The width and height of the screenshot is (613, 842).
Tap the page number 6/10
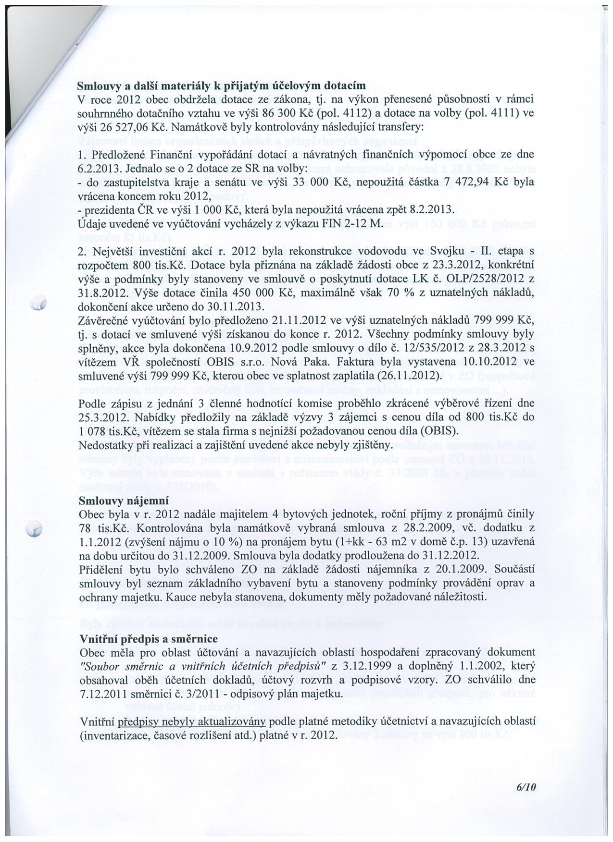[x=526, y=787]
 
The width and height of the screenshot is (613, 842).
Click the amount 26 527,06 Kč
[x=131, y=127]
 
